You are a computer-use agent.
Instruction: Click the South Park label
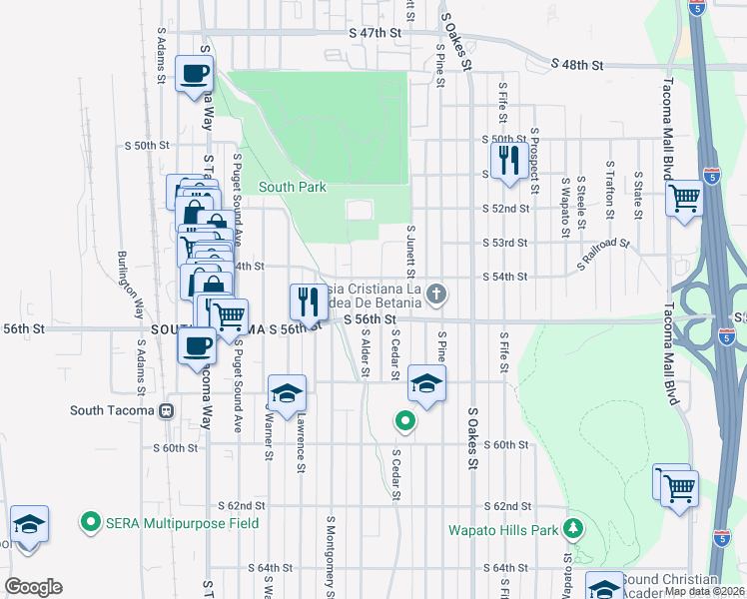(293, 187)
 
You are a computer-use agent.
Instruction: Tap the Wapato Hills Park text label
(501, 530)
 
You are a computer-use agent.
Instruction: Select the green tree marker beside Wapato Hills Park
(574, 528)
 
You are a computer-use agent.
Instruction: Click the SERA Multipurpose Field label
(182, 523)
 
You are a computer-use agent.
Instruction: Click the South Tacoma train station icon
(167, 410)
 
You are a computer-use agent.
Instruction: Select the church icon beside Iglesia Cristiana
(435, 294)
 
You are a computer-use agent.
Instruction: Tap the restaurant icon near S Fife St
(508, 161)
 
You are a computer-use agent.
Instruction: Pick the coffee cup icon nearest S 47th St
(194, 73)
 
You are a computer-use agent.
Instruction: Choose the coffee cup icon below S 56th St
(196, 346)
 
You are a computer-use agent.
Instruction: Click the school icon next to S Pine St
(426, 383)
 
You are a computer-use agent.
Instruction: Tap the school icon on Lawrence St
(287, 393)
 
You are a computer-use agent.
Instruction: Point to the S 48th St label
(578, 65)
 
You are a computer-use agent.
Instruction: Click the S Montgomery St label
(331, 551)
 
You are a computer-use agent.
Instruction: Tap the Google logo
(33, 587)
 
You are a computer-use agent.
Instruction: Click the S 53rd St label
(505, 243)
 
